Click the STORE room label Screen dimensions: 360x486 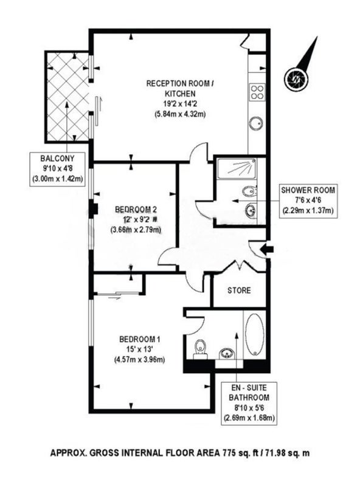coord(239,290)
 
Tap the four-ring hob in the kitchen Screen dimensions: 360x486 coord(257,92)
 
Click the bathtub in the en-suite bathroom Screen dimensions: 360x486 coord(254,335)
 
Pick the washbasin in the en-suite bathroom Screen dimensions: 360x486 coord(226,354)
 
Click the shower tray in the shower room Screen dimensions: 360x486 coord(237,169)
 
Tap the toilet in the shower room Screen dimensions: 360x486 coord(249,191)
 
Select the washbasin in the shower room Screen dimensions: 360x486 coord(251,211)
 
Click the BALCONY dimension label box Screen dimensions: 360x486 coord(57,169)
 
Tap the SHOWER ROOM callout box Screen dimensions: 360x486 coord(308,200)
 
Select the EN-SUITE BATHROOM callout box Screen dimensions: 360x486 coord(249,403)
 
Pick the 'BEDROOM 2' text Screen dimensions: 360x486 coord(136,210)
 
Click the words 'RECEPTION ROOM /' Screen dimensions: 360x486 coord(180,84)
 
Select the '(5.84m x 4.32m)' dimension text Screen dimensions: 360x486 coord(180,114)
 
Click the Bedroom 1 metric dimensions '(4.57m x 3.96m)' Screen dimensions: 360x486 coord(140,360)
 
